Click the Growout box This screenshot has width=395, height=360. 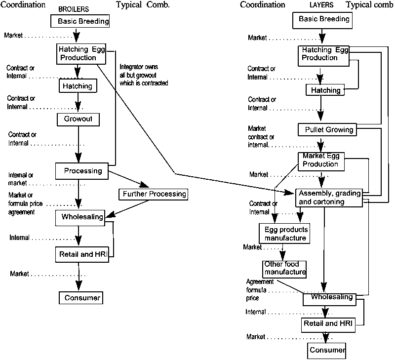(78, 119)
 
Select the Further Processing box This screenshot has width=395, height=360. (153, 194)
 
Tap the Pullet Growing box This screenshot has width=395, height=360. (326, 130)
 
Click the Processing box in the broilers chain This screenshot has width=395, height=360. (81, 171)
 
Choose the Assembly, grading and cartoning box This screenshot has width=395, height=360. (328, 197)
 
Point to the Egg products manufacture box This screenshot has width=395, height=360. (283, 234)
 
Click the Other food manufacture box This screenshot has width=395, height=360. (284, 268)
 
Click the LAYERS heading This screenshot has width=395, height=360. (321, 5)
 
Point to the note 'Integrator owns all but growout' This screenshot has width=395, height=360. (144, 75)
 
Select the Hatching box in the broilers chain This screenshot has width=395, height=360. (78, 87)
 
